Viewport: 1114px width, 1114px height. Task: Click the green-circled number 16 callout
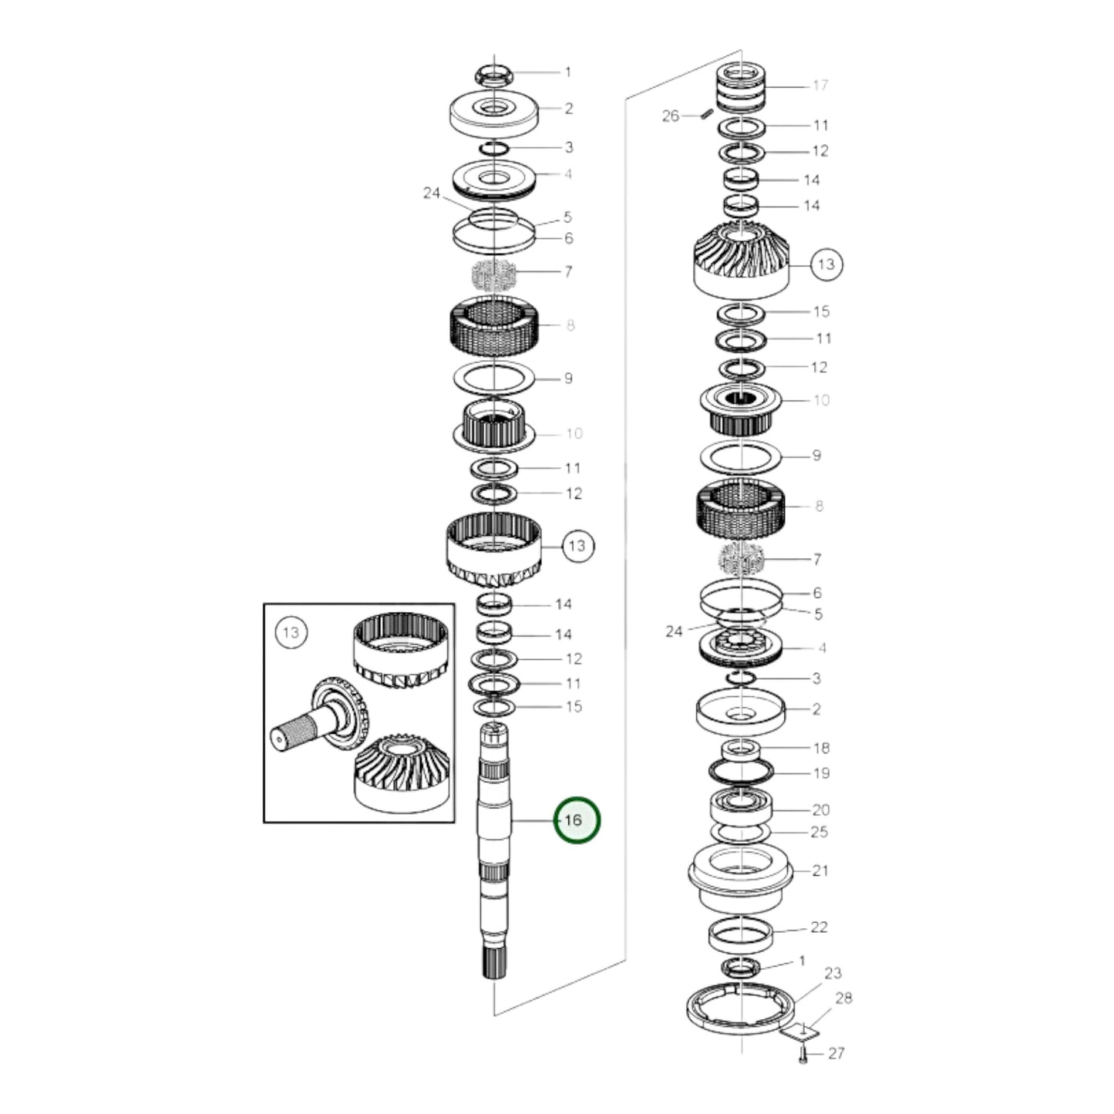point(574,820)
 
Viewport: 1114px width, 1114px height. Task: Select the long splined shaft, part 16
point(493,848)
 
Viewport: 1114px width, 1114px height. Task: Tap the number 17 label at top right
point(820,85)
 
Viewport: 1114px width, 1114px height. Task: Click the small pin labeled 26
point(705,115)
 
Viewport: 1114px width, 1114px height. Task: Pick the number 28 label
point(843,998)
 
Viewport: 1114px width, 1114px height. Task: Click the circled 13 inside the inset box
point(290,633)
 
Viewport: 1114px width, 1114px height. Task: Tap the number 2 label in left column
point(568,109)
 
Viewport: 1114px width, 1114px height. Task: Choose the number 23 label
point(833,973)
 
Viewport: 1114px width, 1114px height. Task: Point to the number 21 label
point(820,870)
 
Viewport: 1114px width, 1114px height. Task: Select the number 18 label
point(821,748)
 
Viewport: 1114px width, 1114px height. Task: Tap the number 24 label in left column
point(432,193)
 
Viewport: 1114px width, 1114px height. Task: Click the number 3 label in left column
point(568,147)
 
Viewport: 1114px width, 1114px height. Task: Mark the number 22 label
point(819,927)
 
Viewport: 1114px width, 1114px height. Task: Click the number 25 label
point(819,831)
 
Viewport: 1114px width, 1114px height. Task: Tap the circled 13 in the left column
point(577,546)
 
